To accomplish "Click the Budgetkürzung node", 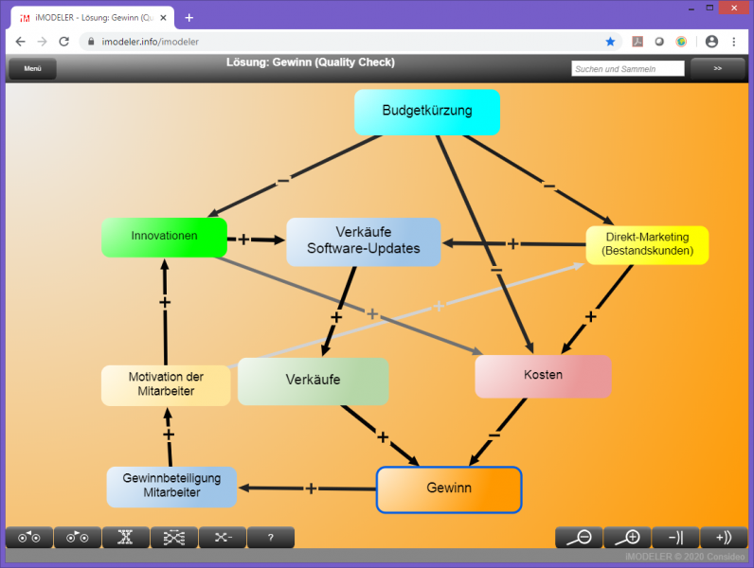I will (426, 112).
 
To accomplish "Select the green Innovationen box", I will (164, 237).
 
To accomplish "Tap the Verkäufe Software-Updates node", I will (364, 241).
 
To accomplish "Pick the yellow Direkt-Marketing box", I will (647, 244).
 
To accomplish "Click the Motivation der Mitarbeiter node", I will (166, 384).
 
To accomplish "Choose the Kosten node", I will (543, 376).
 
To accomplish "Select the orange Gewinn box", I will (449, 489).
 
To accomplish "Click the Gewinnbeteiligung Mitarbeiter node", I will (171, 487).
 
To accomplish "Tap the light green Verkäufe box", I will (313, 381).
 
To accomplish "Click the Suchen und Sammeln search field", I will (628, 69).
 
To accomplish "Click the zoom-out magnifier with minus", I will (579, 538).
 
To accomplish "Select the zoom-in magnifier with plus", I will (627, 538).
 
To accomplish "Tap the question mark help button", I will (271, 538).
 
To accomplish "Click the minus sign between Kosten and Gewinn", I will (494, 435).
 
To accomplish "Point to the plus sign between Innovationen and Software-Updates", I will (244, 240).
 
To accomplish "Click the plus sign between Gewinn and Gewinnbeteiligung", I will (311, 488).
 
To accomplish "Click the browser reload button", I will (64, 42).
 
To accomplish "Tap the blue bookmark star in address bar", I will (611, 42).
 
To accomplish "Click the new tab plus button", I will (189, 17).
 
